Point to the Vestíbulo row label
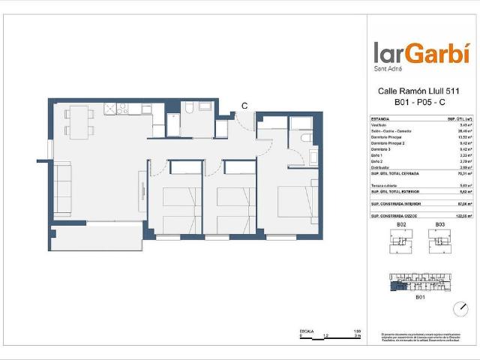coord(380,125)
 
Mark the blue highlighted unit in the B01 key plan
coord(397,280)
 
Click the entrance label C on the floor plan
coord(244,106)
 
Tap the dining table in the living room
coord(79,121)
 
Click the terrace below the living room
coord(95,238)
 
